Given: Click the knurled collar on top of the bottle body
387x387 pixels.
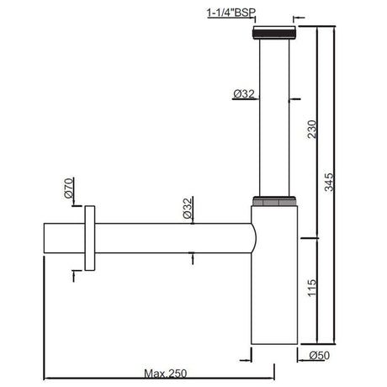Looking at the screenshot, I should coord(275,201).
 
